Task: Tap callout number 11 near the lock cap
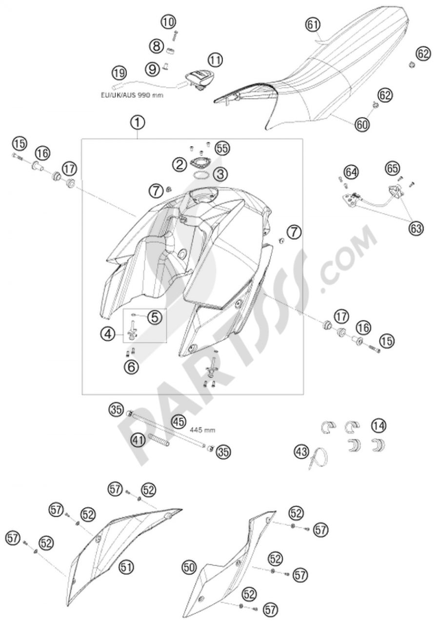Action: [215, 60]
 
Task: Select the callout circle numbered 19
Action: [119, 74]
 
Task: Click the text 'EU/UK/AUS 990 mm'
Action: [132, 95]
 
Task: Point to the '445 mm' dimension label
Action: [202, 430]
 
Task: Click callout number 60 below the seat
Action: [362, 124]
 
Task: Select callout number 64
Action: [351, 173]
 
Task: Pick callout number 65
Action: [393, 169]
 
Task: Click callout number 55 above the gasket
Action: [222, 149]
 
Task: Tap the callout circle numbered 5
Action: [155, 317]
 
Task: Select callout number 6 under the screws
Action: [131, 367]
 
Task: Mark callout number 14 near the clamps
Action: [379, 426]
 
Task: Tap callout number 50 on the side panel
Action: [189, 567]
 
